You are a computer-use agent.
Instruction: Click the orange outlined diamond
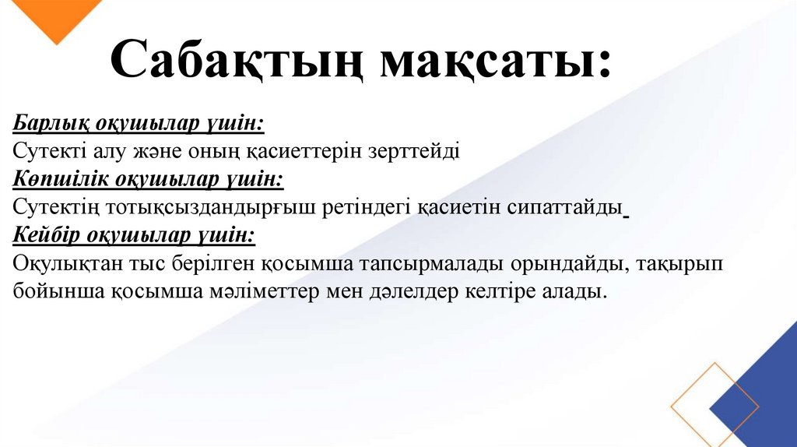click(714, 406)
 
